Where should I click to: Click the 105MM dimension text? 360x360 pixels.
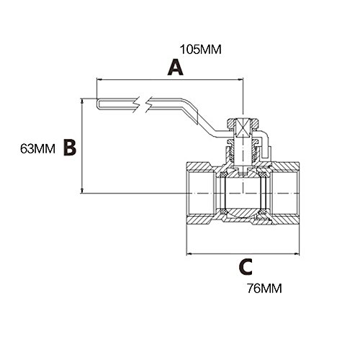(201, 50)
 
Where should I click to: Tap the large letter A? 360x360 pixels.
(176, 68)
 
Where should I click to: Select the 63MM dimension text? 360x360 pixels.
(37, 148)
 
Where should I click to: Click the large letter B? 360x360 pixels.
(70, 148)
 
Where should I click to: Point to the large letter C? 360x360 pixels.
(246, 266)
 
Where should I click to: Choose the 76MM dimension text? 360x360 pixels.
(264, 288)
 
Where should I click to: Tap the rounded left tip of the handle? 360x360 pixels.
(98, 104)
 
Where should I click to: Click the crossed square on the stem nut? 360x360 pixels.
(243, 128)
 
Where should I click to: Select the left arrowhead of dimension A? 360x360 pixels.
(99, 79)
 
